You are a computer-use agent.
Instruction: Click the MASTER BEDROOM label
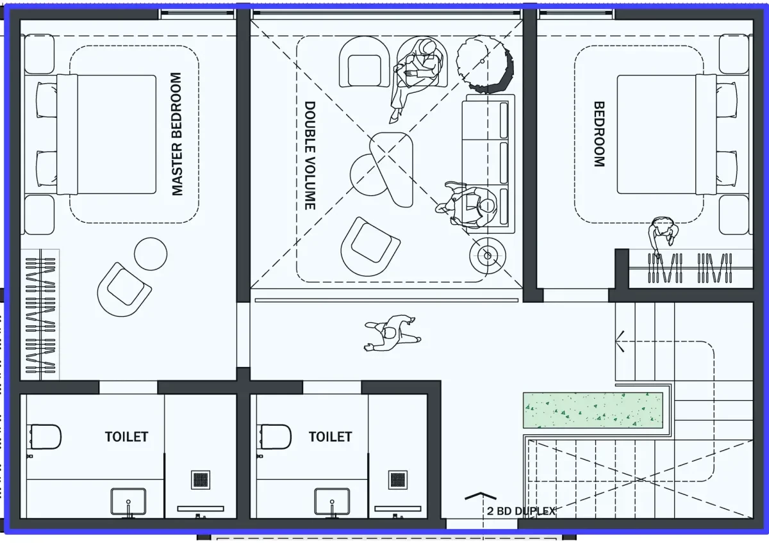[x=177, y=134]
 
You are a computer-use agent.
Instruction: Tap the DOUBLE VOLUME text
[x=310, y=156]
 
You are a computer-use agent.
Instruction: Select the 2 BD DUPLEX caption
[x=521, y=511]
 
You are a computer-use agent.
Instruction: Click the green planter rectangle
[x=593, y=410]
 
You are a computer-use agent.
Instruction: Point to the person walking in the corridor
[x=392, y=334]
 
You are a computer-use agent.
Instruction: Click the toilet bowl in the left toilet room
[x=45, y=437]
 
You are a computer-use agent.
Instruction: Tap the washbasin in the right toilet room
[x=332, y=502]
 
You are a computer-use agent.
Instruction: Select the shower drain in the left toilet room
[x=201, y=480]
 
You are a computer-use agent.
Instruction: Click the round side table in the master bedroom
[x=151, y=254]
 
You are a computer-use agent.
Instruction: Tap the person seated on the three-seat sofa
[x=468, y=206]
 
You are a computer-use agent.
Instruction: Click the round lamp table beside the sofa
[x=488, y=255]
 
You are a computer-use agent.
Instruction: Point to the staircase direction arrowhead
[x=620, y=341]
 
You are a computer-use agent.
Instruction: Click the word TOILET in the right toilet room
[x=330, y=437]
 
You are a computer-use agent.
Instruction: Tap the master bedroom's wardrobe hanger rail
[x=40, y=314]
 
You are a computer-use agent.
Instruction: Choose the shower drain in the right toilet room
[x=398, y=480]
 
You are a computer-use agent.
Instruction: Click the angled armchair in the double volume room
[x=370, y=247]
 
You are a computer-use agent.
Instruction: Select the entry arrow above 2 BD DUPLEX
[x=481, y=496]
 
